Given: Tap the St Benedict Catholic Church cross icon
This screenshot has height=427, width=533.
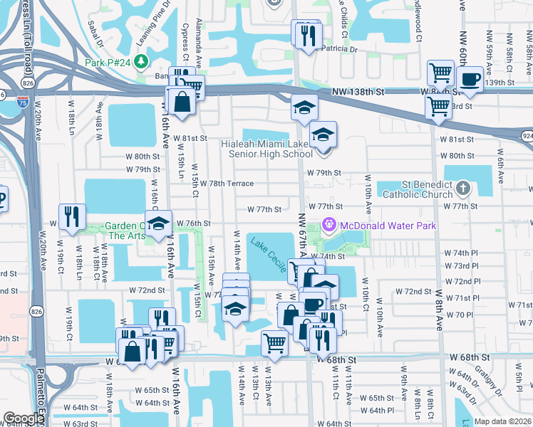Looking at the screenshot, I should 463,189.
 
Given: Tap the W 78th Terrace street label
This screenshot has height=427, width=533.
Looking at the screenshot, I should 227,184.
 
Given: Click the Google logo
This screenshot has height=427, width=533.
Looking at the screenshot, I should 23,418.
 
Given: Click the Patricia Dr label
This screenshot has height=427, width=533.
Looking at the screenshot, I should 339,49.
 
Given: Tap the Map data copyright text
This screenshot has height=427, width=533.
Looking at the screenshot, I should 503,421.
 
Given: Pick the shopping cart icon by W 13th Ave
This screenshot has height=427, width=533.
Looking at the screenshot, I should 274,343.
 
